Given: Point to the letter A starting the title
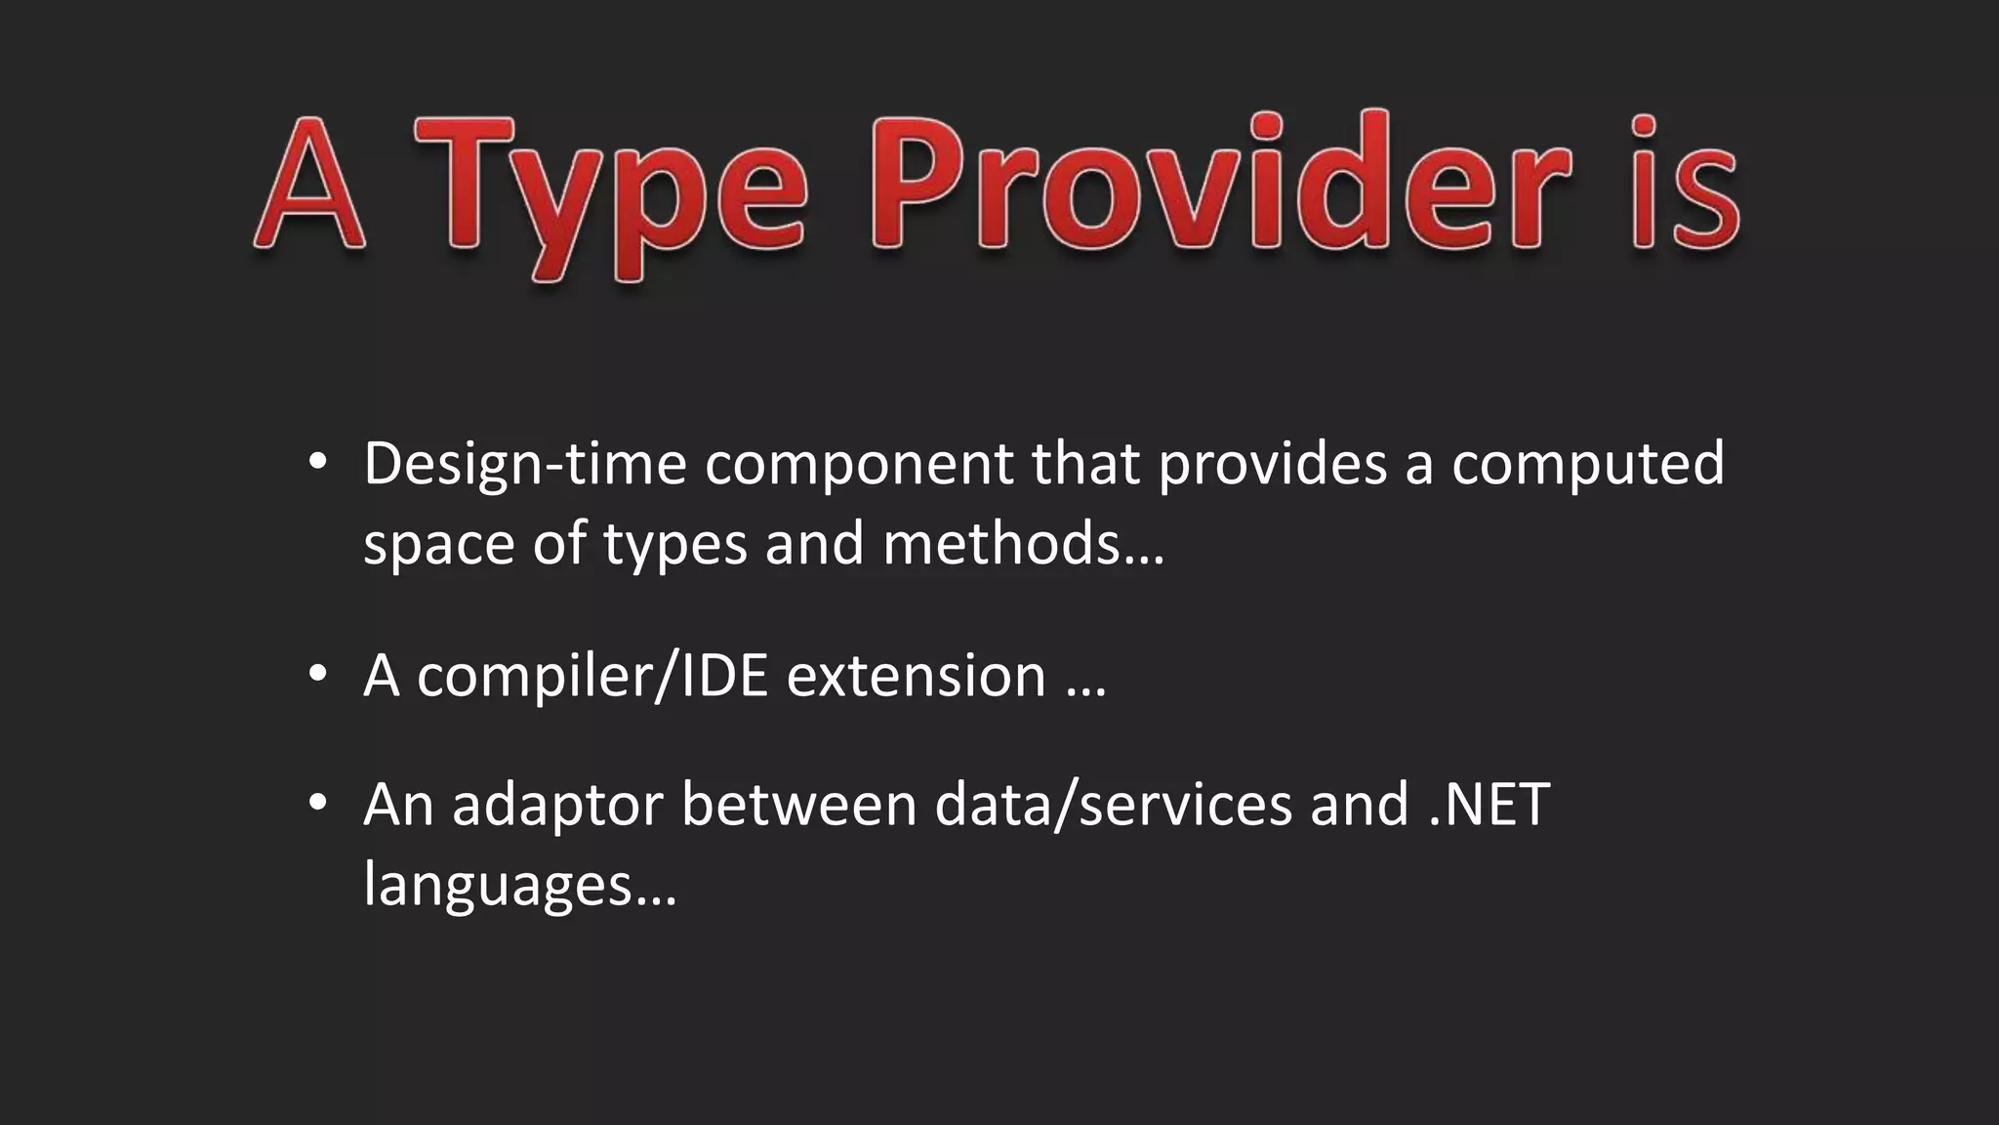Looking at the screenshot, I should tap(310, 186).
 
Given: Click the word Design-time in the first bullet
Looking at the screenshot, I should tap(525, 465).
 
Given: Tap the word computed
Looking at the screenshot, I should tap(1588, 465).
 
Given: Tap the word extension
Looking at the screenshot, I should tap(917, 676).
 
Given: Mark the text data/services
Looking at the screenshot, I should tap(1114, 805).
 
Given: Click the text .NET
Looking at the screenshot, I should tap(1489, 805).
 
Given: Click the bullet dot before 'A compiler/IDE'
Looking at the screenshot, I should tap(316, 673).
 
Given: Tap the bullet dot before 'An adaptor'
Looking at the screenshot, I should tap(316, 803).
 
